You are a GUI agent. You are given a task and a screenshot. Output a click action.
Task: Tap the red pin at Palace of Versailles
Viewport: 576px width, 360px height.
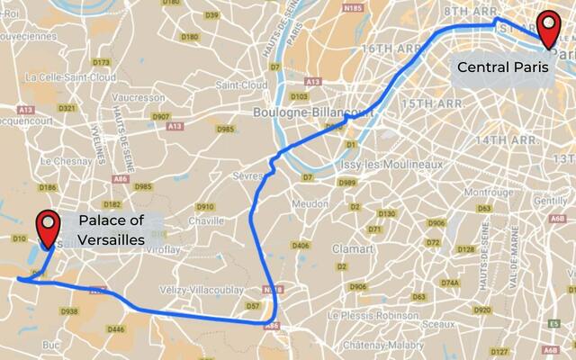click(x=46, y=228)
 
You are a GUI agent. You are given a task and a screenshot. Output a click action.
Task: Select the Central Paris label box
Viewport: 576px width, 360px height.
click(x=499, y=67)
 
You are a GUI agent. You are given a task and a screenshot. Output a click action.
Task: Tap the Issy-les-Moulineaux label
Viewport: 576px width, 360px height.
click(x=392, y=166)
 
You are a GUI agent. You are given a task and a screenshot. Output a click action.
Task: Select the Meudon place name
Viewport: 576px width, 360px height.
click(x=310, y=203)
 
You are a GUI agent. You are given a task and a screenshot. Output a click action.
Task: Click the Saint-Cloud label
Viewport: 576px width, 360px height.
click(x=241, y=85)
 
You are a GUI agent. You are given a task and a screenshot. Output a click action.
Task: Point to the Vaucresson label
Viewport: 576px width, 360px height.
click(x=139, y=96)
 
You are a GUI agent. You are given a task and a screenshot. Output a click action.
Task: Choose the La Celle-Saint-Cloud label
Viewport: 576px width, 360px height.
click(x=69, y=77)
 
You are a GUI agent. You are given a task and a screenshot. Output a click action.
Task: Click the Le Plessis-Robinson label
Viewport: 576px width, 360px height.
click(x=373, y=316)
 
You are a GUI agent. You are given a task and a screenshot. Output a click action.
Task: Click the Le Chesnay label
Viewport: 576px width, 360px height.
click(x=60, y=162)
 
